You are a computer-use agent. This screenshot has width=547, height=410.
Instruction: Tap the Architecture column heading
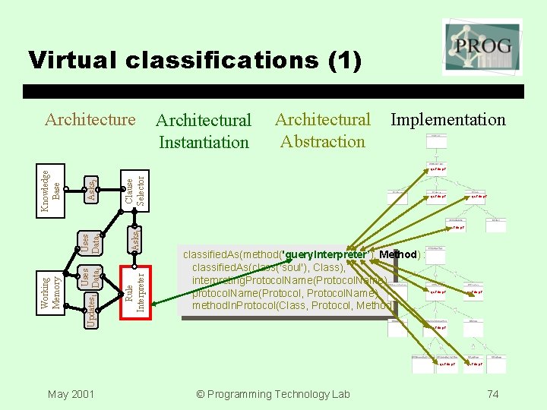[x=90, y=119]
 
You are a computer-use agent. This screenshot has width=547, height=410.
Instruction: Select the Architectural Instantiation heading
[x=203, y=131]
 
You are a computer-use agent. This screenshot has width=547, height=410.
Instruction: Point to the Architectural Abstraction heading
[x=322, y=130]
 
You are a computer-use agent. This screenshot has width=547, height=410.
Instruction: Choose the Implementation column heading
[x=447, y=119]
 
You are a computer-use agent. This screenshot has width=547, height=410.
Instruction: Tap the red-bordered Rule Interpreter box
[x=134, y=289]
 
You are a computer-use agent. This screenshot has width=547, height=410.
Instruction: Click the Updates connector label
[x=90, y=312]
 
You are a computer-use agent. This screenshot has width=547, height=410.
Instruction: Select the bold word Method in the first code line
[x=398, y=254]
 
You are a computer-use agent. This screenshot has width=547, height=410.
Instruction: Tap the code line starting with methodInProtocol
[x=292, y=306]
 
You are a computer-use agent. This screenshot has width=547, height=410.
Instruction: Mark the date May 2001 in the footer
[x=71, y=393]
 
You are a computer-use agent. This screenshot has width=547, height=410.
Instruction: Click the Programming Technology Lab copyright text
[x=273, y=393]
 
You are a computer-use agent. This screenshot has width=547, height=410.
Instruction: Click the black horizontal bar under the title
[x=273, y=91]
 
